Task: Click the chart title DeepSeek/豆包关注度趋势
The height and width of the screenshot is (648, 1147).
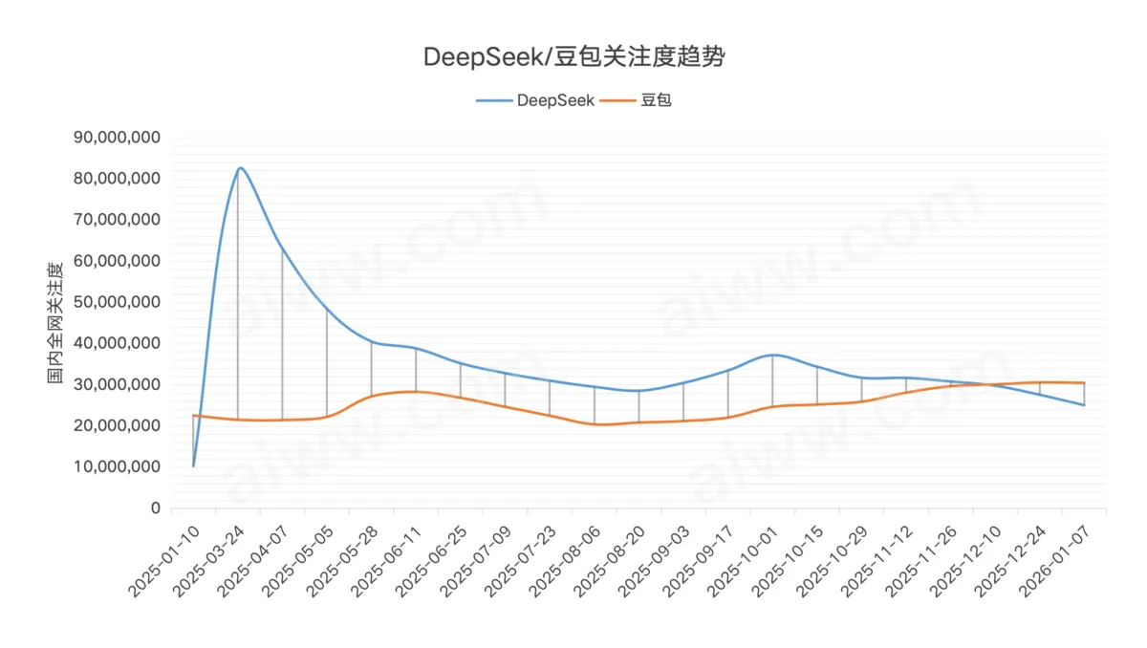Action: pos(573,57)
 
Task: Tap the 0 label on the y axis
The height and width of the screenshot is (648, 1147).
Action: pos(155,508)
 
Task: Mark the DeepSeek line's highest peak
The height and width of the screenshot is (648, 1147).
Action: pos(239,168)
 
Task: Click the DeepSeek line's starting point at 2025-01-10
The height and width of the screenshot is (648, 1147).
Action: pos(194,466)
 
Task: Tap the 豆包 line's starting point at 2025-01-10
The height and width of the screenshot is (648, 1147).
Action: pos(194,415)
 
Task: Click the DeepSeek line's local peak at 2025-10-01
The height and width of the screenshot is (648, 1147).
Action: pos(772,355)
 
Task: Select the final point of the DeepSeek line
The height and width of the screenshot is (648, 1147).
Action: pos(1084,405)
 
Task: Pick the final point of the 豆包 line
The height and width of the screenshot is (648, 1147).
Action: pos(1084,382)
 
